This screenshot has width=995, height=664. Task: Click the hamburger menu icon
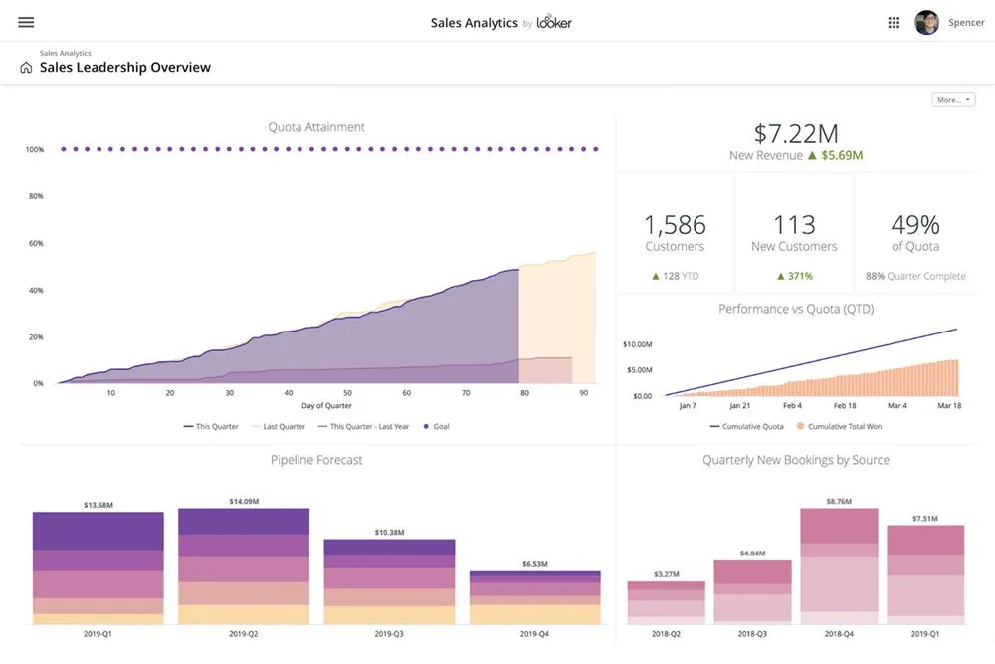pyautogui.click(x=26, y=22)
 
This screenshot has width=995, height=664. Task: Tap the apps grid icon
pyautogui.click(x=894, y=22)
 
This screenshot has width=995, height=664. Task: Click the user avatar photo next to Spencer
pyautogui.click(x=926, y=22)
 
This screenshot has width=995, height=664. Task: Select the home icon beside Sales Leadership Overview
pyautogui.click(x=26, y=68)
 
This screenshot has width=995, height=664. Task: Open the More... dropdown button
pyautogui.click(x=953, y=100)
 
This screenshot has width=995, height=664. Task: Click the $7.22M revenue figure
pyautogui.click(x=795, y=133)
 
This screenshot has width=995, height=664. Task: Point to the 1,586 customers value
pyautogui.click(x=675, y=225)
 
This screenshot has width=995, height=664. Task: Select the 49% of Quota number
pyautogui.click(x=914, y=225)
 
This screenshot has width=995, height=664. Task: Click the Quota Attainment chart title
pyautogui.click(x=316, y=127)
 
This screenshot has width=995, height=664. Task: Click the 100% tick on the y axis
pyautogui.click(x=35, y=150)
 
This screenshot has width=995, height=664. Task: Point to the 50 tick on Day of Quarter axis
pyautogui.click(x=347, y=393)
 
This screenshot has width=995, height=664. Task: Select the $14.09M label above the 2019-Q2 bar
pyautogui.click(x=244, y=501)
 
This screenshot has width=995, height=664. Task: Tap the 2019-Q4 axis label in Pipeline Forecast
pyautogui.click(x=534, y=634)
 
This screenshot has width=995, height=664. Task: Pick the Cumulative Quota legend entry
pyautogui.click(x=748, y=426)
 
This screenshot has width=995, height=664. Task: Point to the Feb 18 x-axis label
pyautogui.click(x=845, y=406)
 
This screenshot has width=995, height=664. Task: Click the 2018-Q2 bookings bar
pyautogui.click(x=666, y=602)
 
